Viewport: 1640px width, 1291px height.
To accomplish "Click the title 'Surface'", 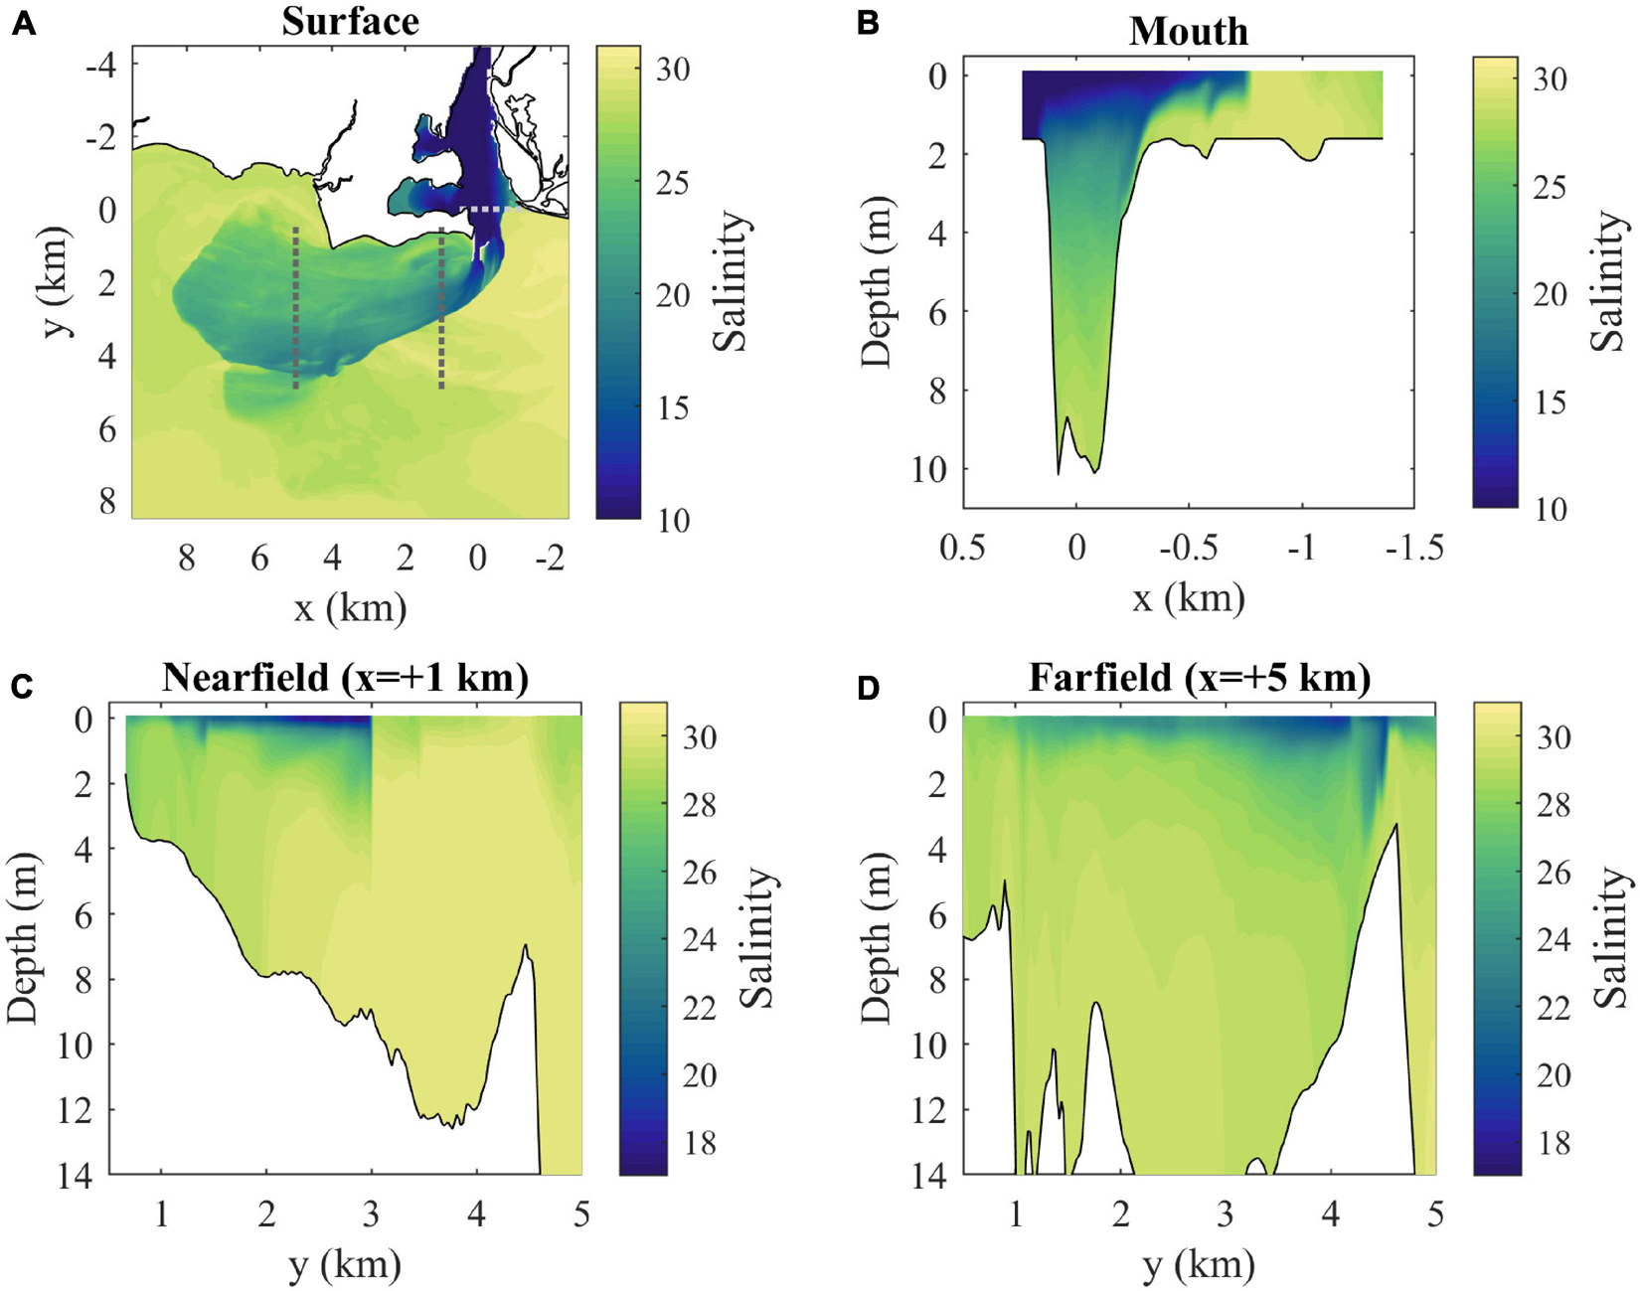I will point(350,21).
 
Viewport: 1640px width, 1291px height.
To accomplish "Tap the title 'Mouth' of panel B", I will point(1188,32).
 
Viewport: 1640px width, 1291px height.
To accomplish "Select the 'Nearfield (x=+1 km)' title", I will point(345,678).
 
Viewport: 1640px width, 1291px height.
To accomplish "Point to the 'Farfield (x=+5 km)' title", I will point(1200,678).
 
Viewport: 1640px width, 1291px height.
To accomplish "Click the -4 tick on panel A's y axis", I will point(99,66).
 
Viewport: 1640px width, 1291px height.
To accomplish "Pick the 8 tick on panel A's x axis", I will point(186,559).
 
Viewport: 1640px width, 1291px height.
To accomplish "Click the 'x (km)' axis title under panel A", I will point(350,606).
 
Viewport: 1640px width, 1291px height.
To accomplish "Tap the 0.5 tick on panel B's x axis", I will point(962,548).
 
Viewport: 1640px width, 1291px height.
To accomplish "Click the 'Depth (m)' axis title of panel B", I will point(878,283).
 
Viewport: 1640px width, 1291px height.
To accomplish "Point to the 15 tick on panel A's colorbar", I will point(672,408).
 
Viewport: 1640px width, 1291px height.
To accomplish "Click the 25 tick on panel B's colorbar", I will point(1549,187).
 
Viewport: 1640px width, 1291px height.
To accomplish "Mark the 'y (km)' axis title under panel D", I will point(1200,1265).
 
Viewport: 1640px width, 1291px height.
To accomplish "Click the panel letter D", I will point(868,687).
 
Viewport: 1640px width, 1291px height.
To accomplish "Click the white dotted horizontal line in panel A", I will point(489,210).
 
